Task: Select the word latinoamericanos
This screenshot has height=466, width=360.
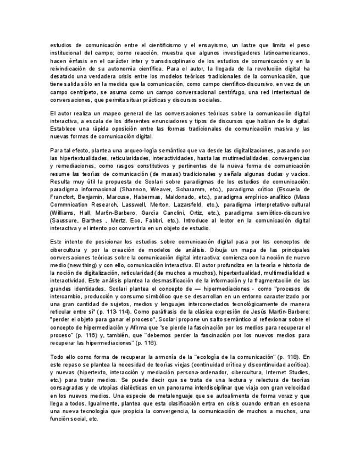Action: [x=283, y=53]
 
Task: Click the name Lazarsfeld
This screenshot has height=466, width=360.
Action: [x=184, y=204]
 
